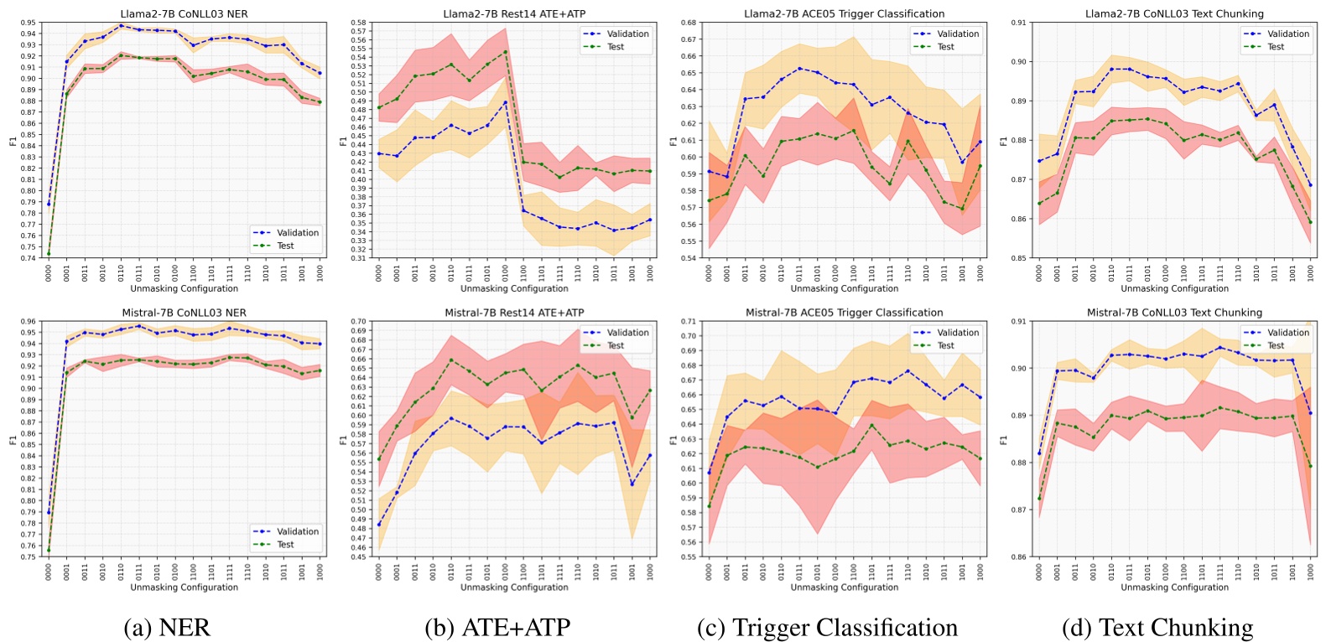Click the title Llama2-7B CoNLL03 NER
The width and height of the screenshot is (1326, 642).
point(184,13)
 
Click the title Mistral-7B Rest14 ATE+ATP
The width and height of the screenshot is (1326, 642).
point(514,313)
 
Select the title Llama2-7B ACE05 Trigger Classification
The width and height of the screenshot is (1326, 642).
point(844,13)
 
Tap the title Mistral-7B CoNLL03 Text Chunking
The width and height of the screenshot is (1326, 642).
point(1174,313)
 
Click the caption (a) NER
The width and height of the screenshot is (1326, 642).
point(166,628)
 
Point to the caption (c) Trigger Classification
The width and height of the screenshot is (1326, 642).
point(827,628)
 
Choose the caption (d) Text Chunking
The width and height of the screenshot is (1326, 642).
point(1157,628)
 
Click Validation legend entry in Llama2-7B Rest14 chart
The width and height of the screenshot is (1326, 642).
point(627,34)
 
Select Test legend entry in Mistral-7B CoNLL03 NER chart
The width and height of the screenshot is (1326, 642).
point(285,545)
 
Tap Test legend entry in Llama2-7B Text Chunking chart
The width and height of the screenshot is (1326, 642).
point(1275,47)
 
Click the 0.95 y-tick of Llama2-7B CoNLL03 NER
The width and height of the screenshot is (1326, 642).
point(27,23)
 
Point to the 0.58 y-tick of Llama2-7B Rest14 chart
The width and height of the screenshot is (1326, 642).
point(357,23)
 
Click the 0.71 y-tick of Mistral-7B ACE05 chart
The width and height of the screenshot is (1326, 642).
point(688,322)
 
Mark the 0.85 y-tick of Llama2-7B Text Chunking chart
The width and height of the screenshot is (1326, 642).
point(1017,258)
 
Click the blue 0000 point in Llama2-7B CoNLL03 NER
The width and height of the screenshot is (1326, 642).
point(49,204)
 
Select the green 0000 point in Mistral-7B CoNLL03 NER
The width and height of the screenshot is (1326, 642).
point(49,551)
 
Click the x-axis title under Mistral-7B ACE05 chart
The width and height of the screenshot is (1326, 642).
point(844,588)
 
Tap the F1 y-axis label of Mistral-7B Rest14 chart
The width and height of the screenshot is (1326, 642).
point(343,439)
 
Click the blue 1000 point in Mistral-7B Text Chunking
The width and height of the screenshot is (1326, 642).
point(1310,413)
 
